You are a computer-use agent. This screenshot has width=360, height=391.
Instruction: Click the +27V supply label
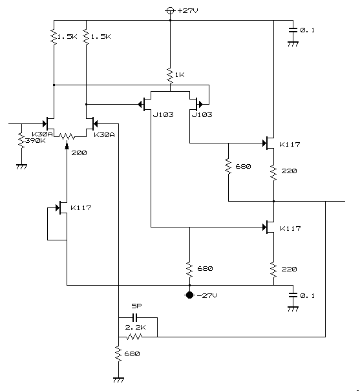coord(187,10)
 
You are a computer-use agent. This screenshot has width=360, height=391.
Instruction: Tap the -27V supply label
coord(207,295)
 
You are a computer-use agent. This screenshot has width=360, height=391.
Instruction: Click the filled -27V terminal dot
coord(190,295)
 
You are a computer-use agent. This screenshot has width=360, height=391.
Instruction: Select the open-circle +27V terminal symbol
coord(170,11)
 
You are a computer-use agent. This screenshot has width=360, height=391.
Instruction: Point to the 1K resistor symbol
coord(170,76)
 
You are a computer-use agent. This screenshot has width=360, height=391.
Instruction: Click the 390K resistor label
coord(36,141)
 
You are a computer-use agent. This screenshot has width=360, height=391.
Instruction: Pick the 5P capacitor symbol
coord(134,317)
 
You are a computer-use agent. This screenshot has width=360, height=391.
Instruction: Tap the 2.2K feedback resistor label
coord(135,328)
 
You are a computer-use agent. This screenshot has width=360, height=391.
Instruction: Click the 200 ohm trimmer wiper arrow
coord(67,145)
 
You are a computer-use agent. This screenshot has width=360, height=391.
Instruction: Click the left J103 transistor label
coord(163,114)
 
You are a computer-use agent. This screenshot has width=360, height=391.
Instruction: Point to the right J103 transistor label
coord(202,114)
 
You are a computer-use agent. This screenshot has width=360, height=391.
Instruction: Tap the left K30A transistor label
coord(42,134)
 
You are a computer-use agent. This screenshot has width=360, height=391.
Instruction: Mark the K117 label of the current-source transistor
coord(81,207)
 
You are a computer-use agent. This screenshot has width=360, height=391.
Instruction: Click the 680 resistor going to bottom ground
coord(118,354)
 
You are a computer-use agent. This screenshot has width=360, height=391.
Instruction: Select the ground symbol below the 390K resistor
coord(21,167)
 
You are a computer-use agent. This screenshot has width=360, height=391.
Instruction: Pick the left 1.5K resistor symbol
coord(54,37)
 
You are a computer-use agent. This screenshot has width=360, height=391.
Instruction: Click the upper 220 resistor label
coord(289,171)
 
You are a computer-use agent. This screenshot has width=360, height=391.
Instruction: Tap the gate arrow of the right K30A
coord(95,123)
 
